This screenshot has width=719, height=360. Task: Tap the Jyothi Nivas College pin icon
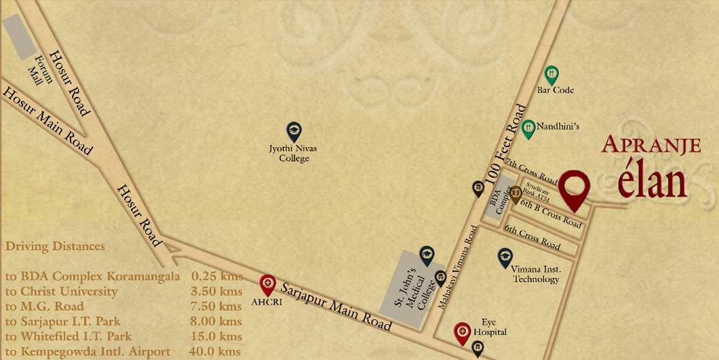[294, 132]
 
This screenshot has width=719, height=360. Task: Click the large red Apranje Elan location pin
[577, 188]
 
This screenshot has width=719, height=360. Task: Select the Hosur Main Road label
[47, 121]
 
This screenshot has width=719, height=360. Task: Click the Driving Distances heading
[55, 245]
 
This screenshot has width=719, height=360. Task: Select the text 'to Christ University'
[61, 292]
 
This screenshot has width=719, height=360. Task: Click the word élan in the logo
[652, 181]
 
